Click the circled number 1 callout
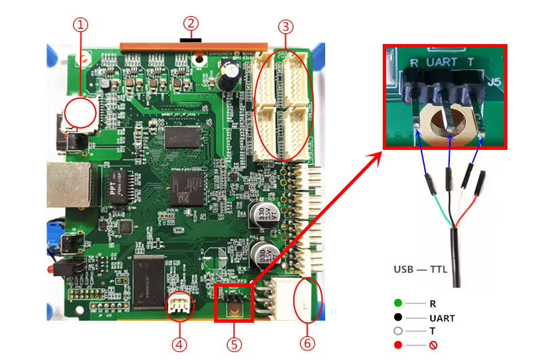tap(81, 25)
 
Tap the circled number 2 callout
tap(192, 23)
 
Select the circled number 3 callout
tap(286, 26)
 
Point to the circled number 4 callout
tap(179, 344)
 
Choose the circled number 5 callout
tap(234, 344)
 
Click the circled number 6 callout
tap(308, 344)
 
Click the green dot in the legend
tap(398, 303)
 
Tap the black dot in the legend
tap(398, 317)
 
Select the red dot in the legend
tap(398, 346)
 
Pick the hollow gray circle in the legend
tap(398, 332)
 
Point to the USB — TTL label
tap(419, 269)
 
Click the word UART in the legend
tap(442, 317)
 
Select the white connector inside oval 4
tap(179, 305)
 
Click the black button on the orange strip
tap(192, 39)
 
